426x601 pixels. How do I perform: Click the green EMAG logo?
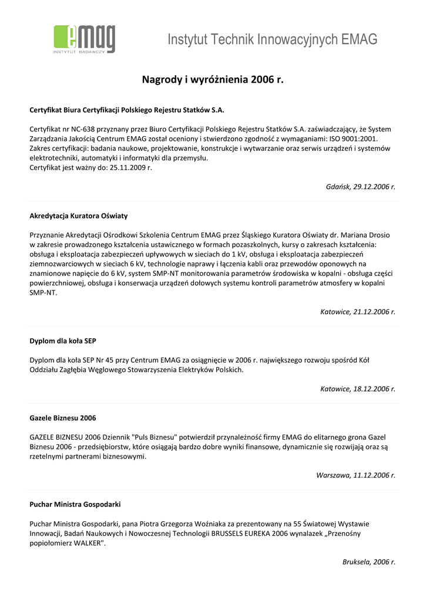(x=84, y=39)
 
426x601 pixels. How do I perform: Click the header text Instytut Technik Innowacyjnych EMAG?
(x=272, y=40)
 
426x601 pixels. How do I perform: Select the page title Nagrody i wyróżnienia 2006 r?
(x=213, y=79)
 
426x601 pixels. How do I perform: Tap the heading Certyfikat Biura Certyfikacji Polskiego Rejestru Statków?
(x=127, y=110)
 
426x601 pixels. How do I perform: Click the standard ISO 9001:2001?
(x=351, y=139)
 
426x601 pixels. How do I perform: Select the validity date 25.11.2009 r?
(x=131, y=168)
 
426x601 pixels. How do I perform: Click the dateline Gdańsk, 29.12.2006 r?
(x=360, y=187)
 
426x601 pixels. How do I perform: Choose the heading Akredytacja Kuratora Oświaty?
(x=79, y=216)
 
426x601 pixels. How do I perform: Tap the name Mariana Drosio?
(x=367, y=235)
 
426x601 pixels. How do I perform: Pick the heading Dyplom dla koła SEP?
(x=63, y=340)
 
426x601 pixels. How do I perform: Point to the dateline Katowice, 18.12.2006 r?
(x=358, y=389)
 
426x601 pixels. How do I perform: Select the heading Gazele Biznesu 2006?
(x=63, y=418)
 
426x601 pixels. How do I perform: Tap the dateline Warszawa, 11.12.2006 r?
(x=356, y=475)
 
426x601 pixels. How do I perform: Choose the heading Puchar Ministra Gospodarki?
(x=75, y=504)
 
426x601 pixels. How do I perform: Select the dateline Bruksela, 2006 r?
(x=369, y=562)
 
